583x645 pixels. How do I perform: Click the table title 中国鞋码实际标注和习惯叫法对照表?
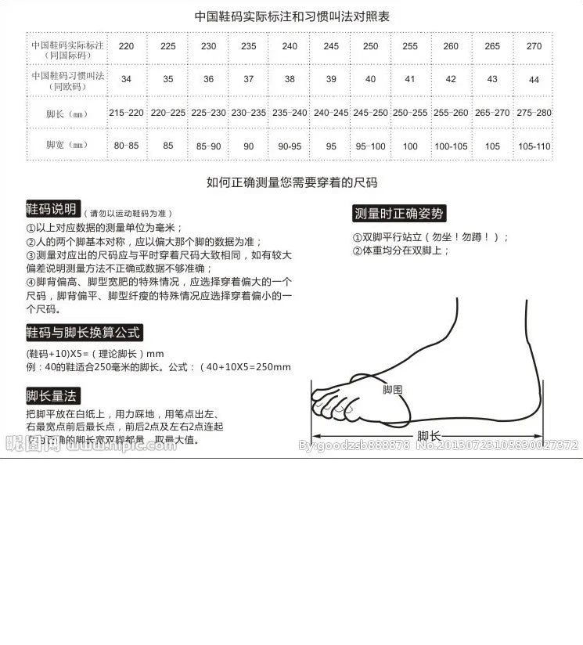click(292, 16)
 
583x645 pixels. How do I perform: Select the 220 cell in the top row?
click(126, 46)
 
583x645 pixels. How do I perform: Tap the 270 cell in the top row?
click(534, 46)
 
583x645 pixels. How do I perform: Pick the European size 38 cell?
click(290, 79)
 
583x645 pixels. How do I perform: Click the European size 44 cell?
click(534, 79)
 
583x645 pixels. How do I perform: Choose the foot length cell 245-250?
click(371, 113)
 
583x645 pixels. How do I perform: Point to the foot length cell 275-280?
click(534, 113)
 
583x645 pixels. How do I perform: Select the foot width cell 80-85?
click(126, 146)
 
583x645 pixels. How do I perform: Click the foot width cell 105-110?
click(534, 146)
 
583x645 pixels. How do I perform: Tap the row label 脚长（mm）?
click(66, 114)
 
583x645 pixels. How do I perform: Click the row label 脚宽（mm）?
click(66, 146)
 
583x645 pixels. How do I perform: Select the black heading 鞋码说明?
click(52, 209)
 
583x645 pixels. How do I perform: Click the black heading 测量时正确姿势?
click(399, 214)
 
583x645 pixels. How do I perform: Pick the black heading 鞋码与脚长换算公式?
click(84, 333)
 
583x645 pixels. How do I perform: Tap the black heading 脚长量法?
click(52, 395)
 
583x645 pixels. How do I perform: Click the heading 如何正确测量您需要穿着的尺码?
click(292, 182)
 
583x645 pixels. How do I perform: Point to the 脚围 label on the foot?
click(392, 389)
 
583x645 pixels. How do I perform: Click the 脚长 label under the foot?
click(428, 436)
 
